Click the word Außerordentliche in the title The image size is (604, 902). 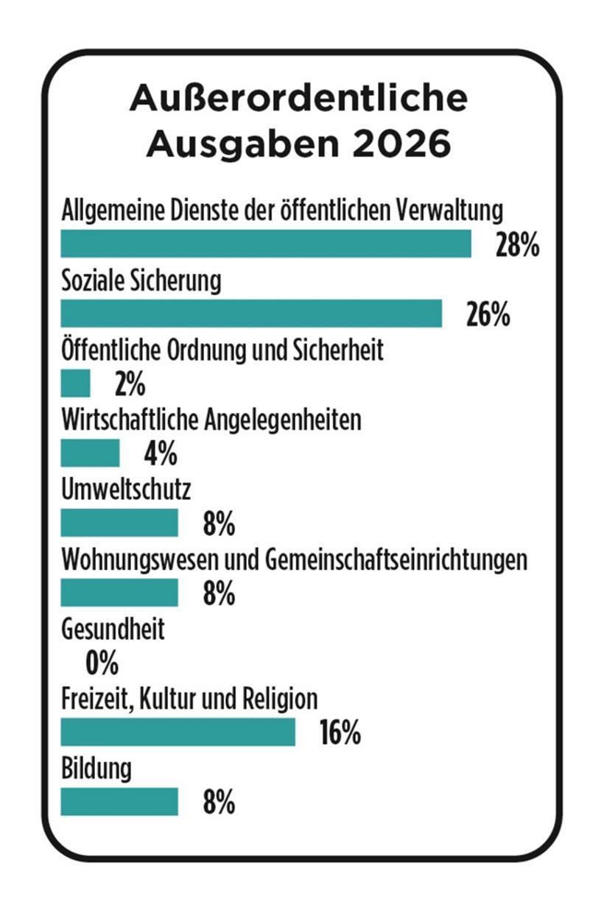(298, 99)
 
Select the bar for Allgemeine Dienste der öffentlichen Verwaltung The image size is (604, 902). (265, 244)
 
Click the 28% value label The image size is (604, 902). (517, 246)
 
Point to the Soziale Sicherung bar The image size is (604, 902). (250, 313)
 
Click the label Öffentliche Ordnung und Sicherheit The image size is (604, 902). (222, 350)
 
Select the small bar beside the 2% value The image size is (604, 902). (75, 383)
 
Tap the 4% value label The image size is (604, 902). (161, 454)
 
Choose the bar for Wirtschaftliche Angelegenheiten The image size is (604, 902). (90, 453)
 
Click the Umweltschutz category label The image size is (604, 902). (126, 490)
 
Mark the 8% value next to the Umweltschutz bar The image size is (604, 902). (219, 525)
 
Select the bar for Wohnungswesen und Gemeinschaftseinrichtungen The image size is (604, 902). (119, 592)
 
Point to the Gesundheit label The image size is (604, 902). (113, 630)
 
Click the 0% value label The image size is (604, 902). (102, 664)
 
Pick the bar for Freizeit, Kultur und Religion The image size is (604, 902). (178, 732)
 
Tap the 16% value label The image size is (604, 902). (340, 733)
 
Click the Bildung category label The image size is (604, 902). (96, 769)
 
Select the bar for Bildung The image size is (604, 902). (119, 802)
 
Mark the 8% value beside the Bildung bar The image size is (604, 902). (219, 803)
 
